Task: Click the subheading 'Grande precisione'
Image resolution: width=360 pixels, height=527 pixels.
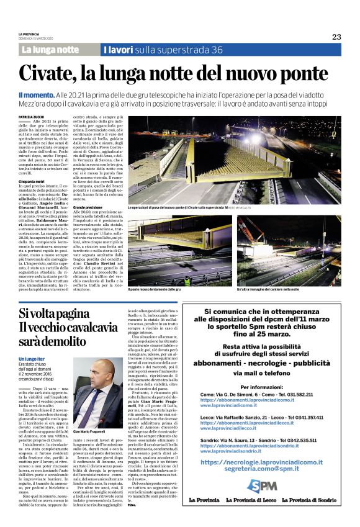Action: coord(88,207)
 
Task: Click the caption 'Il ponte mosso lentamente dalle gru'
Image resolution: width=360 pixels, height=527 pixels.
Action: coord(155,289)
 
